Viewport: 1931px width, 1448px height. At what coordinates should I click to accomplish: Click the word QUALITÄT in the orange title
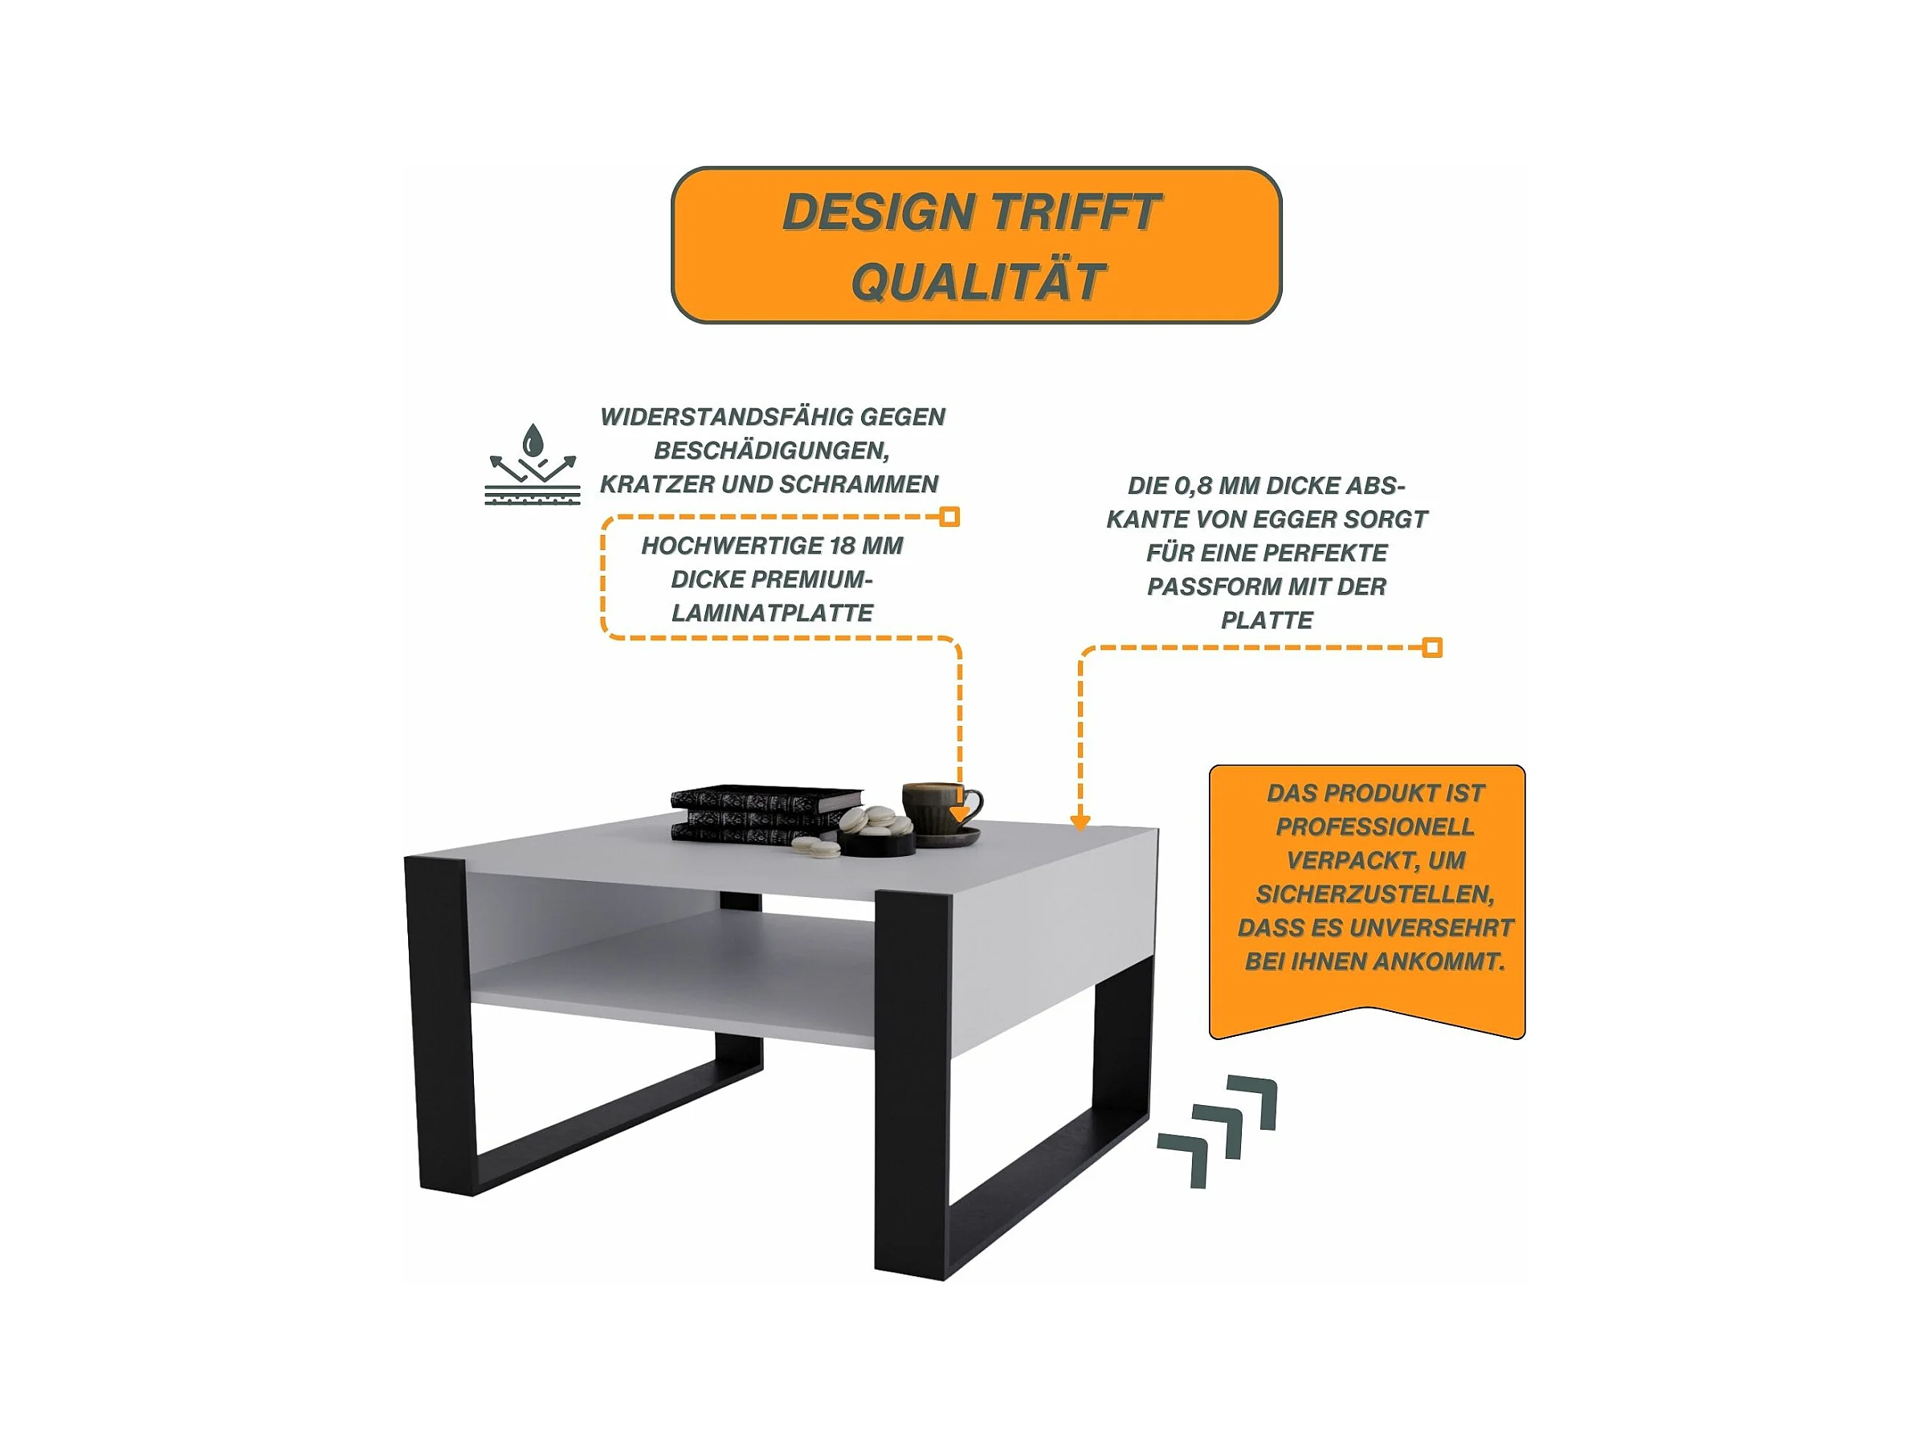(978, 282)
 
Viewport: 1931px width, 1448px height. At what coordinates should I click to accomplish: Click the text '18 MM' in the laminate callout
(866, 546)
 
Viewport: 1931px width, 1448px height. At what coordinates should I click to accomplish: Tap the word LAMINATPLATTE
(772, 614)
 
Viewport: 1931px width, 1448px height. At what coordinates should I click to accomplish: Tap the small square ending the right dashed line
(1432, 647)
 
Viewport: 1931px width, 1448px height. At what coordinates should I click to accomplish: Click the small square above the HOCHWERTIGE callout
(949, 516)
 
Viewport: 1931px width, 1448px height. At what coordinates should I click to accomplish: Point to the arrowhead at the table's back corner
(1080, 822)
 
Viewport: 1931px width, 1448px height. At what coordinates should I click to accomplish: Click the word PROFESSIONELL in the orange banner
(1375, 827)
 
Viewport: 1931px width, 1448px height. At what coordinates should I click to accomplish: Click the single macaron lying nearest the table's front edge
(821, 849)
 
